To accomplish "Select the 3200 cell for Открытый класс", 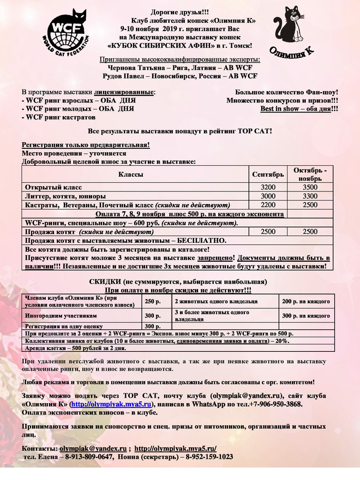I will tap(267, 187).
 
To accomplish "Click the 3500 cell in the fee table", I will tap(309, 187).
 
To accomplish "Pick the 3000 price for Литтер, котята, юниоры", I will tap(267, 196).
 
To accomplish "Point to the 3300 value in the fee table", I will tap(309, 196).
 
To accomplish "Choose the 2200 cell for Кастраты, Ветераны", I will tap(267, 205).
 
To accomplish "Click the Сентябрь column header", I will tap(267, 175).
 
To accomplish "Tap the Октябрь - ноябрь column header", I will tap(309, 174).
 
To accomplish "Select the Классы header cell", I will tap(131, 175).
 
